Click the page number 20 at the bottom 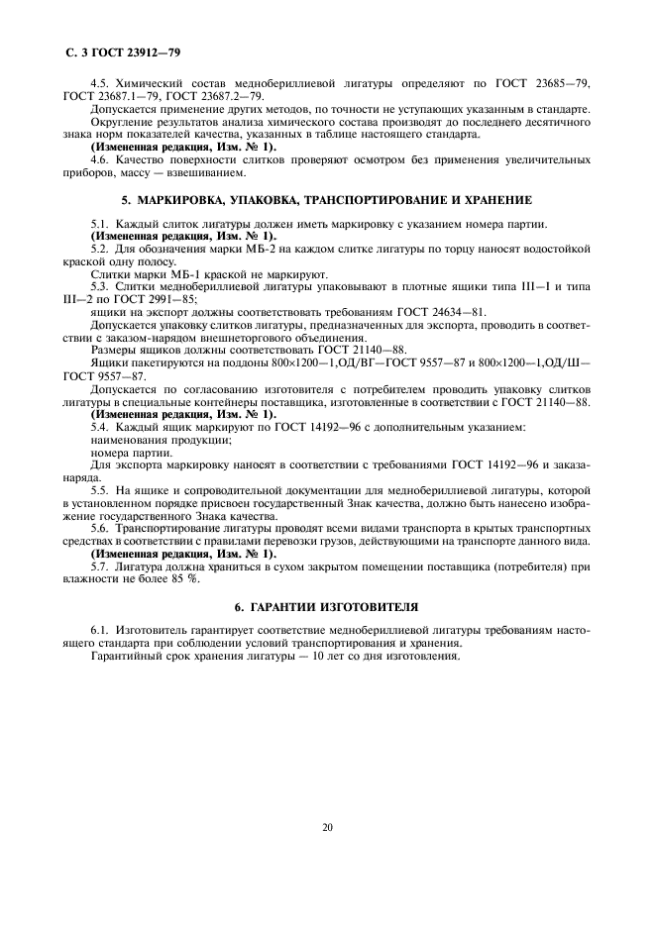point(328,826)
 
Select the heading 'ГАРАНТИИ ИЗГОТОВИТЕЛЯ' point(340,604)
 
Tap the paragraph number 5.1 point(99,227)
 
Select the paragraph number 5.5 point(99,490)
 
